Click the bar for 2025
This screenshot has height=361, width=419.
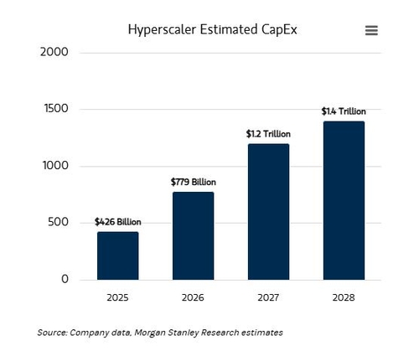[118, 255]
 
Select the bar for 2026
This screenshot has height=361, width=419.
[194, 236]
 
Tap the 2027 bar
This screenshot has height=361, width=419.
[269, 212]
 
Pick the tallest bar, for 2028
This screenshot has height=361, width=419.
[344, 200]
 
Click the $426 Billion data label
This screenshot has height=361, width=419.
[118, 222]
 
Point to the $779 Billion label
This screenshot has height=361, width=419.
[194, 182]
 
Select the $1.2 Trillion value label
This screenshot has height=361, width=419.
[268, 134]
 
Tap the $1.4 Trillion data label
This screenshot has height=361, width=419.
[344, 111]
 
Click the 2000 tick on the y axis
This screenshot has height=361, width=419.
[54, 52]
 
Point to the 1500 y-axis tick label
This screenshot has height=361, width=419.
[56, 108]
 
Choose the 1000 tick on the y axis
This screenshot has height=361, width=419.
[55, 165]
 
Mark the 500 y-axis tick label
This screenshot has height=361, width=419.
[58, 222]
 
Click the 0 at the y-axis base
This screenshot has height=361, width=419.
[65, 279]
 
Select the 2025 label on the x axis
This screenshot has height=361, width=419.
[117, 297]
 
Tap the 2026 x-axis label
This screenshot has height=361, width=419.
[193, 297]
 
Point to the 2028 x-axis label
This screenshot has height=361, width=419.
[344, 297]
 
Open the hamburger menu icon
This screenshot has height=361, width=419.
[371, 30]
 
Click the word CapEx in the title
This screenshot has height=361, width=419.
[279, 29]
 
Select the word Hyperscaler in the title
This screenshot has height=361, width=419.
[162, 30]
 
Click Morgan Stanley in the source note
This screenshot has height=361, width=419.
[167, 333]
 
